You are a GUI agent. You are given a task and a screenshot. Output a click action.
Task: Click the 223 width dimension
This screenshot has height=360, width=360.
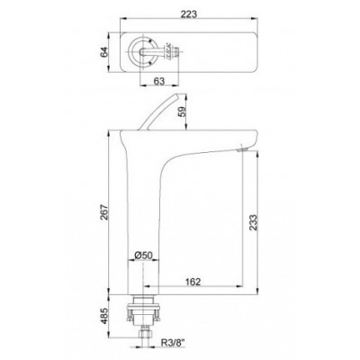tap(189, 14)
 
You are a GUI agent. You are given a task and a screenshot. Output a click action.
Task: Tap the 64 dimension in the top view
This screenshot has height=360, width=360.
tap(103, 52)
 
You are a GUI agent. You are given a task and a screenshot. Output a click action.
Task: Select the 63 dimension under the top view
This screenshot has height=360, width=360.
tap(159, 81)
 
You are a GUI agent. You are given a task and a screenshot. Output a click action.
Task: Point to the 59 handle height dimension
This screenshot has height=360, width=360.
tap(182, 112)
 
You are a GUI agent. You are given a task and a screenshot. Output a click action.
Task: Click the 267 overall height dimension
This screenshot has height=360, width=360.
tap(103, 212)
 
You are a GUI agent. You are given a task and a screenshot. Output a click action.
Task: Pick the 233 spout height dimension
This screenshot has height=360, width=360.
tap(253, 222)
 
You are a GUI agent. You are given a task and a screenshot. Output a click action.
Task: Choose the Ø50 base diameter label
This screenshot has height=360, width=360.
tap(143, 256)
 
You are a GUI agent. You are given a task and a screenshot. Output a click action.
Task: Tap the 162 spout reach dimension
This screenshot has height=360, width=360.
tap(193, 282)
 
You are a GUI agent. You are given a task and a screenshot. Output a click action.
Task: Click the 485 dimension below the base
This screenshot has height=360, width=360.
tap(103, 316)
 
